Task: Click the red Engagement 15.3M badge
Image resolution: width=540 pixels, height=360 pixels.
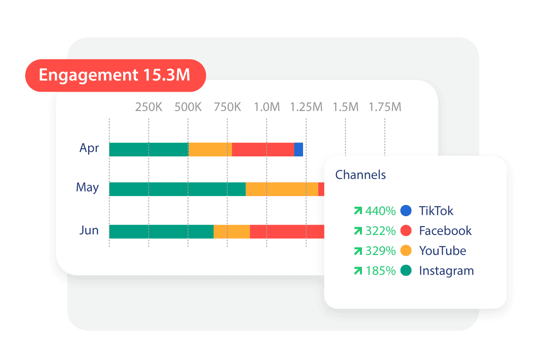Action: coord(115,75)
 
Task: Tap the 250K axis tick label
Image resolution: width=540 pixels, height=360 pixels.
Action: coord(149,107)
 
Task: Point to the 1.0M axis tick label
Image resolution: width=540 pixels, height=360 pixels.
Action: coord(267,107)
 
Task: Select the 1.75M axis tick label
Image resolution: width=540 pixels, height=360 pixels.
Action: coord(385,107)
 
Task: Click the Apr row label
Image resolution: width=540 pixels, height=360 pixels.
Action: coord(89,148)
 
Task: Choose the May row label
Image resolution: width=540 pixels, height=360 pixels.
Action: coord(87,187)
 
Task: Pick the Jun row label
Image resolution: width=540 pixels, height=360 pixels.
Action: coord(89,231)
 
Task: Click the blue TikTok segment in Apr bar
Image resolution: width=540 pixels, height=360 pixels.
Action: coord(299,150)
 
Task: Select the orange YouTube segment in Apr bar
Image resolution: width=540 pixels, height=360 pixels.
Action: coord(210,150)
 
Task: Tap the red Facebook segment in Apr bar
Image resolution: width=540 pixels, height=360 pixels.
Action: coord(263,150)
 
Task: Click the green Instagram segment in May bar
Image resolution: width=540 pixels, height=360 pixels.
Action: coord(177,189)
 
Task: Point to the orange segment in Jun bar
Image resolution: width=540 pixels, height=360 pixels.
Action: coord(232,231)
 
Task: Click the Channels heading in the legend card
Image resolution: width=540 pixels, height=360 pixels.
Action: coord(361,174)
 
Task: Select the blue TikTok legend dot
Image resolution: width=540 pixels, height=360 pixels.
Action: coord(406,211)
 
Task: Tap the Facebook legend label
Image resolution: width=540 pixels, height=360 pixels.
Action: coord(445,231)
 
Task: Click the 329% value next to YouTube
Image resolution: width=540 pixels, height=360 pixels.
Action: coord(380,251)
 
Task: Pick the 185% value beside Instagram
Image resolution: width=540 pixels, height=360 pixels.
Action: coord(380,271)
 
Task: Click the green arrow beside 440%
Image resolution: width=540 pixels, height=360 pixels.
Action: coord(358,211)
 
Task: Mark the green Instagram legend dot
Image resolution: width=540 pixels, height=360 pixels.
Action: coord(406,271)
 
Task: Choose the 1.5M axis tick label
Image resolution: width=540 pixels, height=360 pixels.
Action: coord(345,107)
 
